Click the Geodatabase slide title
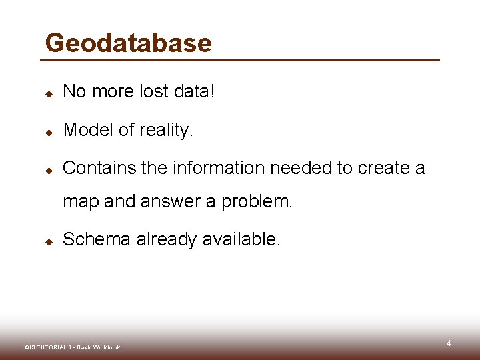[128, 43]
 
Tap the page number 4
[449, 343]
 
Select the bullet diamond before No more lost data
[49, 93]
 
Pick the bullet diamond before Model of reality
[49, 132]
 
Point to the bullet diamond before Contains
[49, 171]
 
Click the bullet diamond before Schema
[49, 241]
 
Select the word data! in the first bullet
[195, 91]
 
